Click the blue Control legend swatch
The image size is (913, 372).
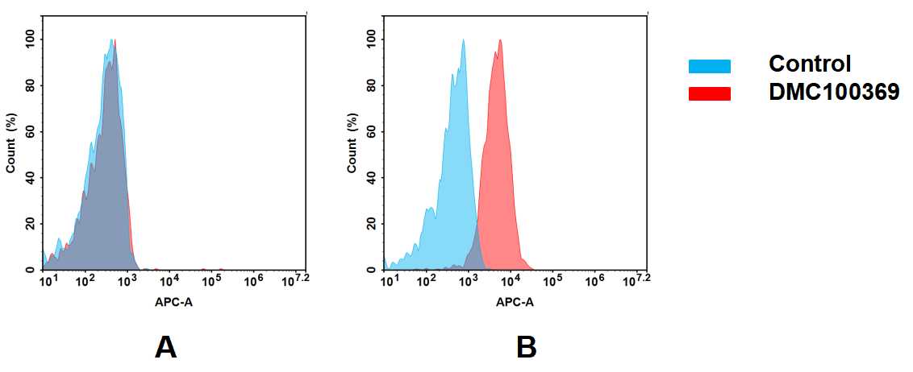(709, 66)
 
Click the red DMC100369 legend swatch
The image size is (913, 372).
(709, 93)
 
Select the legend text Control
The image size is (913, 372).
(810, 64)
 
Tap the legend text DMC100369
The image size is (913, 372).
(834, 93)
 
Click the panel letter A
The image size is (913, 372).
(165, 347)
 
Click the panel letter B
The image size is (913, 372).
(526, 347)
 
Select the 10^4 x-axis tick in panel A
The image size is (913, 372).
(169, 280)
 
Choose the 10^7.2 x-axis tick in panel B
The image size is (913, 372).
(634, 279)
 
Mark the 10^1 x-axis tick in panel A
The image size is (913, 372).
(48, 280)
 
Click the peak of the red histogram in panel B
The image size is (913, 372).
(501, 40)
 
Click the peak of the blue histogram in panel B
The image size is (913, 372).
(463, 40)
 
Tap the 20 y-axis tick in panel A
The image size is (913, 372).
(33, 224)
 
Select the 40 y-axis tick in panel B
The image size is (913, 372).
(374, 178)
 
